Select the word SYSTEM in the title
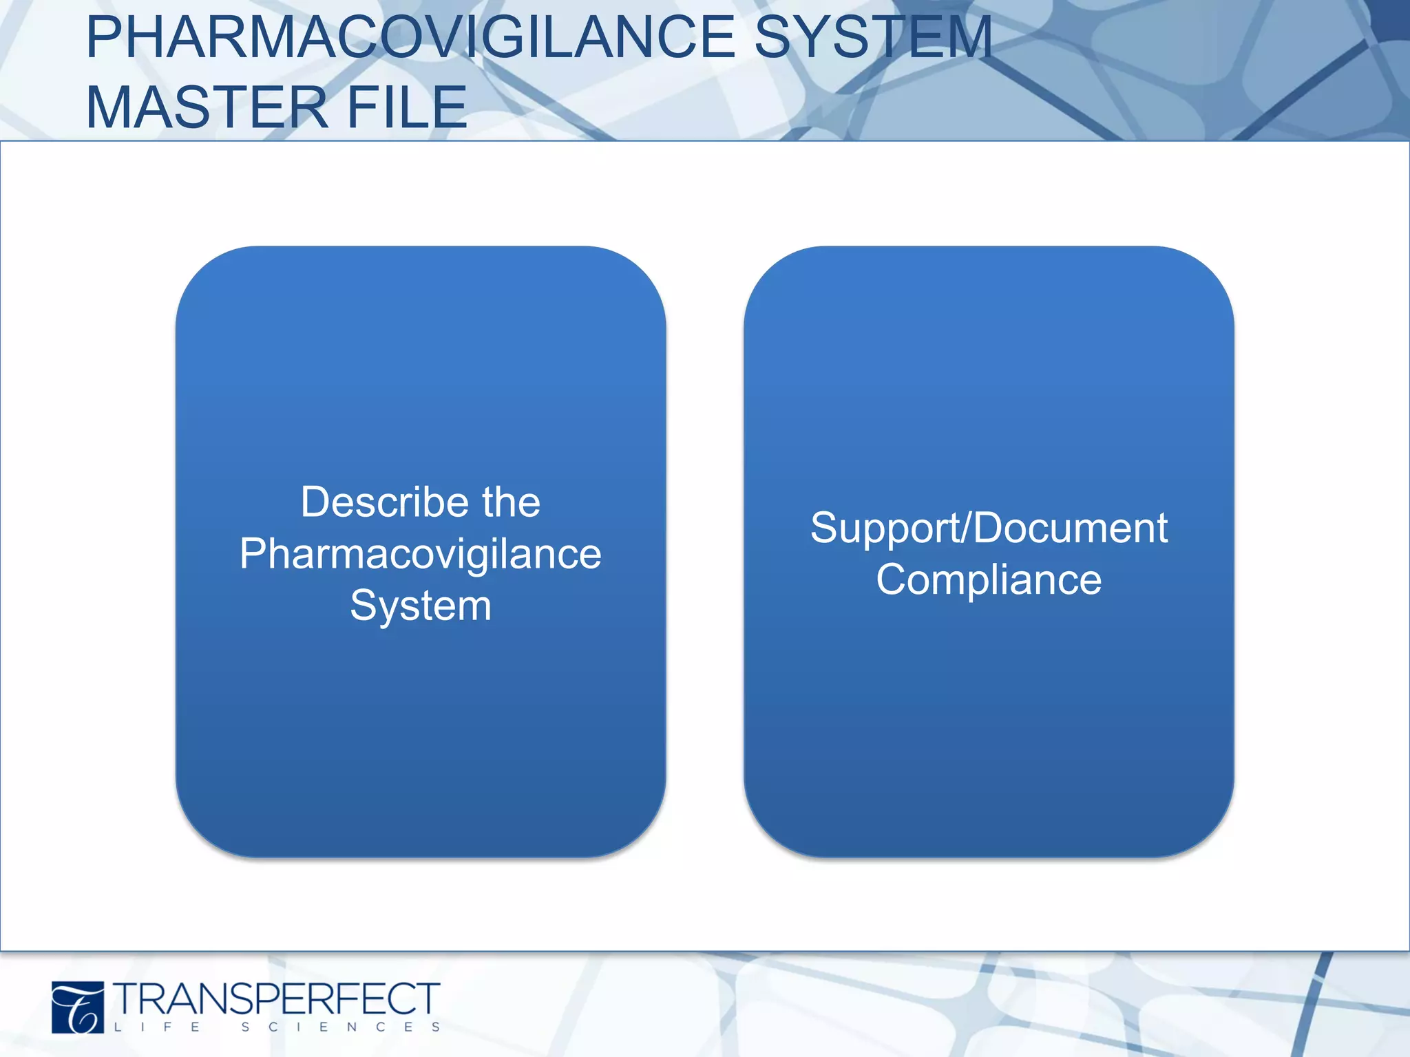pos(873,38)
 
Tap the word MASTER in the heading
pos(207,107)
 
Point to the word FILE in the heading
pos(406,107)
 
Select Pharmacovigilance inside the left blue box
pos(420,554)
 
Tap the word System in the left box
pos(420,606)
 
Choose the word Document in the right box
pos(1071,528)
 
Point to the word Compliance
pos(989,580)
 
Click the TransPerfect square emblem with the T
pos(78,1007)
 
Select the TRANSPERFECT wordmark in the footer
pos(277,999)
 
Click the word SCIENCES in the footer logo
pos(341,1027)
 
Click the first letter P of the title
pos(103,38)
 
